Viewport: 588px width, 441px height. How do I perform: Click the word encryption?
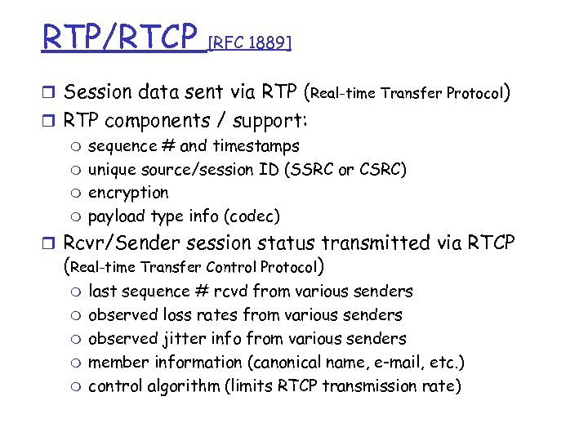click(x=128, y=193)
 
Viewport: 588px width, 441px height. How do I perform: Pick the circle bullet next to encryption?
click(x=76, y=194)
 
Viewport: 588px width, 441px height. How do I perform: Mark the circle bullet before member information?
click(x=76, y=363)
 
